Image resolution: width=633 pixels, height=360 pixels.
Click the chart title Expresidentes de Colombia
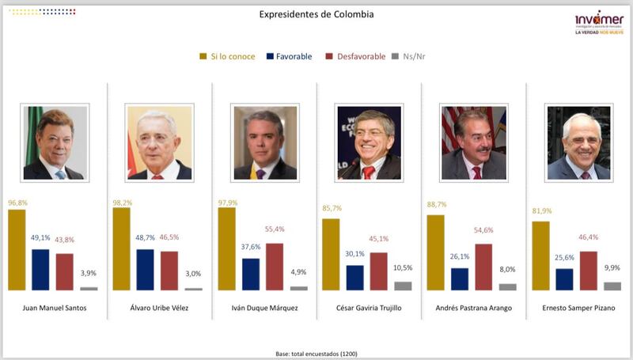tap(316, 15)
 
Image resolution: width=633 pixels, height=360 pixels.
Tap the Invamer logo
tap(599, 22)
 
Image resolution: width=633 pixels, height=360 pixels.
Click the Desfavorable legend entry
tap(355, 57)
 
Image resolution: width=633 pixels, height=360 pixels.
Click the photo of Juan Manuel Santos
tap(54, 142)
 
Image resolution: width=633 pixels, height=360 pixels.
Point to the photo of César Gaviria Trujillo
tap(369, 142)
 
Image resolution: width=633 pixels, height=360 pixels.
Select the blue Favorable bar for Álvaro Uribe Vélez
tap(146, 270)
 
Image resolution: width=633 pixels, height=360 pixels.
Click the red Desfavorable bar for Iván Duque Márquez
tap(275, 267)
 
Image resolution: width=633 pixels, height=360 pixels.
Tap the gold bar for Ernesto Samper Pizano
tap(541, 256)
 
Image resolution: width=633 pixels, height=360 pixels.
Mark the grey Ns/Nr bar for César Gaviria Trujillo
tap(404, 286)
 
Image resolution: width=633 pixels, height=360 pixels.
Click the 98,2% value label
tap(122, 203)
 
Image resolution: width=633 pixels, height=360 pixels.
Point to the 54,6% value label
tap(483, 229)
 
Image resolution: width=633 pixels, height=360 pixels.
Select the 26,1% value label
tap(460, 257)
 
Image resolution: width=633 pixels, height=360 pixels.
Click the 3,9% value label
tap(89, 273)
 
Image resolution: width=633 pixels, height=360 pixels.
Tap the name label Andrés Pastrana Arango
tap(472, 309)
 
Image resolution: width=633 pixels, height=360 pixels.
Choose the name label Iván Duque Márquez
tap(263, 309)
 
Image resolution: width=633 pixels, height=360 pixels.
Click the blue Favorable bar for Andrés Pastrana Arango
tap(460, 279)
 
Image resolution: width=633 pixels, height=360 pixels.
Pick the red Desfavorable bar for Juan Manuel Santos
tap(64, 272)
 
